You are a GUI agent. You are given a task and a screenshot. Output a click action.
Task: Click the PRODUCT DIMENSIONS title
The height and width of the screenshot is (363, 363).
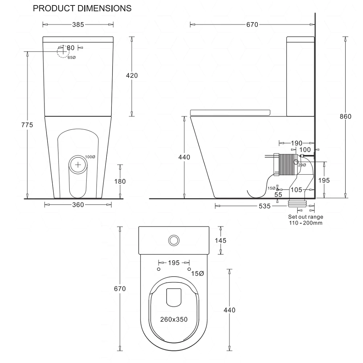pos(82,8)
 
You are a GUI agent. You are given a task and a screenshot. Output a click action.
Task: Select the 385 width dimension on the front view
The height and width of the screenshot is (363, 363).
pos(78,25)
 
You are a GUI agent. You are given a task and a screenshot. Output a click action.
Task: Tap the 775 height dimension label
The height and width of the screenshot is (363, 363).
pos(27,125)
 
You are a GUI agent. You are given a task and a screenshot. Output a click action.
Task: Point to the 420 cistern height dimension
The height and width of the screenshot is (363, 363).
pos(132,76)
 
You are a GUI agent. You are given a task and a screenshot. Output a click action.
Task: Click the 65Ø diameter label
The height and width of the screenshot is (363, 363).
pos(72,58)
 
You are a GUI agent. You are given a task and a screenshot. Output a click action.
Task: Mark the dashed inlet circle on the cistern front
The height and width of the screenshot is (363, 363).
pos(63,52)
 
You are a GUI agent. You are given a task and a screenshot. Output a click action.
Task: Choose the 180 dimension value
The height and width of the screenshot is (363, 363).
pos(120,181)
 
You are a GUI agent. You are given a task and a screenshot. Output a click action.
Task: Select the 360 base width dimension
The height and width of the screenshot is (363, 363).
pos(78,205)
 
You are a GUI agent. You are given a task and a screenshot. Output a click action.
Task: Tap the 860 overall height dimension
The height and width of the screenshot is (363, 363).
pos(345,117)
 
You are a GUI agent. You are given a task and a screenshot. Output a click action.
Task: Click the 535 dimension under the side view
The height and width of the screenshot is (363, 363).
pos(265,206)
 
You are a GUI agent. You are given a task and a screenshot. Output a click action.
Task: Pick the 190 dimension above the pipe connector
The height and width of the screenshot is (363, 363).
pos(297,143)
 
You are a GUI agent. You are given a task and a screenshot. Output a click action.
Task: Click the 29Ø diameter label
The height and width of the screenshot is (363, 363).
pos(302,165)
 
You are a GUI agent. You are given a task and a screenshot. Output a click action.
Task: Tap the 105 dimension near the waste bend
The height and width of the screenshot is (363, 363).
pos(297,189)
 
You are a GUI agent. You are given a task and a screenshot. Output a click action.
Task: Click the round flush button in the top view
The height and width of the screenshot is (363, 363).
pos(174,240)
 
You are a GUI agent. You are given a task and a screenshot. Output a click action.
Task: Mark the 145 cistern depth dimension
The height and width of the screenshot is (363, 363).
pos(220,240)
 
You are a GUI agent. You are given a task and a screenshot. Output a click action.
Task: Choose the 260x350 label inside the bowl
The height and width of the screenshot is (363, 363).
pos(174,319)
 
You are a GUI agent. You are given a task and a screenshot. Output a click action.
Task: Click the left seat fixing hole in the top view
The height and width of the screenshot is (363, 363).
pos(158,269)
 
